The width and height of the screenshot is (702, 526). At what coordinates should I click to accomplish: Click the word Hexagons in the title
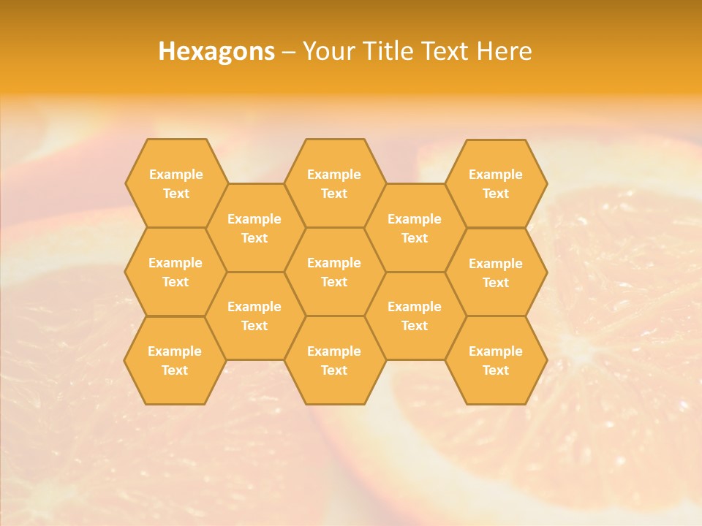[216, 51]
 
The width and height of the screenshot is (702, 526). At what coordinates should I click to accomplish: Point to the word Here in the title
[504, 51]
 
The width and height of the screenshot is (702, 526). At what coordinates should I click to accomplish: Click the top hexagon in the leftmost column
[175, 183]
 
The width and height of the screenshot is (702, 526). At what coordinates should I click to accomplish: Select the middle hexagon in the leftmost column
[175, 272]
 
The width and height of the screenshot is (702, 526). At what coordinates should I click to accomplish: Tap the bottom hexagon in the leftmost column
[175, 360]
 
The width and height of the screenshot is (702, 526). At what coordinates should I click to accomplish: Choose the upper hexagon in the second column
[254, 228]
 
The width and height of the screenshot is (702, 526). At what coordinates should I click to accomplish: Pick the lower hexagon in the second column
[254, 316]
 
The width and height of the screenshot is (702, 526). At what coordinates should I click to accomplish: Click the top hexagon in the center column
[334, 183]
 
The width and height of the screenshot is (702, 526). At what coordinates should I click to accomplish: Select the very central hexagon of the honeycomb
[334, 272]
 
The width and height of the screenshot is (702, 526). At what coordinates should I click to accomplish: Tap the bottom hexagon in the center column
[334, 360]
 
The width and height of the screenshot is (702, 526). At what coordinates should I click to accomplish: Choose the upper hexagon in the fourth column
[415, 228]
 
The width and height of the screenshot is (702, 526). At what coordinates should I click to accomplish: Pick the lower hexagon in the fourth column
[415, 316]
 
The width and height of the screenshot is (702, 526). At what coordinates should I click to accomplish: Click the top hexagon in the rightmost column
[496, 183]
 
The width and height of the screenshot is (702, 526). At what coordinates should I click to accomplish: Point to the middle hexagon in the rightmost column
[496, 272]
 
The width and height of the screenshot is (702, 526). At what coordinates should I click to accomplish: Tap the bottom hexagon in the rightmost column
[496, 360]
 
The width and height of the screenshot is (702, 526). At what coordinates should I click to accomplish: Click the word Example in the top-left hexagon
[175, 175]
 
